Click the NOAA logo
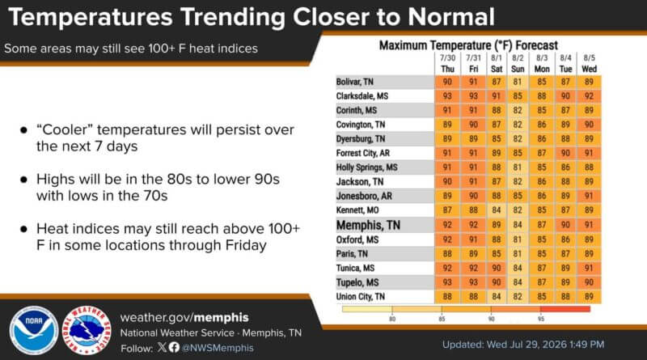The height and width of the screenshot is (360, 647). pos(34,330)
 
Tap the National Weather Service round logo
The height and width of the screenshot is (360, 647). pos(87,330)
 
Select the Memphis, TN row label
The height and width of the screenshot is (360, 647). pos(368,225)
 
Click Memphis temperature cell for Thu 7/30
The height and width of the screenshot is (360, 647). pos(447,225)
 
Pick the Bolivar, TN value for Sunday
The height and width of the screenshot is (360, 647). pos(518,82)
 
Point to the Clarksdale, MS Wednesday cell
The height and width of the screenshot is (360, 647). pos(589,96)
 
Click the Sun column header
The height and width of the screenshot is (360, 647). pos(518,69)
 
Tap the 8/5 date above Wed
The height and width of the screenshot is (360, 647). pos(590,57)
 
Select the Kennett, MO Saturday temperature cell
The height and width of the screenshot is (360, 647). pos(497,210)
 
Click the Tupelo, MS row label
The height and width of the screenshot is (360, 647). pos(357,282)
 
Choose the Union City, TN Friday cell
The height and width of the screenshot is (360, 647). pos(473,297)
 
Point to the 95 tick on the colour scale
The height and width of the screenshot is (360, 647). pos(541,319)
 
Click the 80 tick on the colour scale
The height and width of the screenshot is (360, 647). pos(392,319)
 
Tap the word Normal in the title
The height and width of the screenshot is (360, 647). pos(451,17)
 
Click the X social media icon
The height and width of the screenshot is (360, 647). pos(162,347)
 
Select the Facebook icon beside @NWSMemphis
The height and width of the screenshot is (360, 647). pos(174,347)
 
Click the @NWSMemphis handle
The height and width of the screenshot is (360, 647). pos(218,348)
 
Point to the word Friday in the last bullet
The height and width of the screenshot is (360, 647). pos(246,245)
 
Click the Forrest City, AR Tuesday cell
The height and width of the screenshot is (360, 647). pos(565,153)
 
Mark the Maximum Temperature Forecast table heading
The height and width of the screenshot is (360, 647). pos(468,45)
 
